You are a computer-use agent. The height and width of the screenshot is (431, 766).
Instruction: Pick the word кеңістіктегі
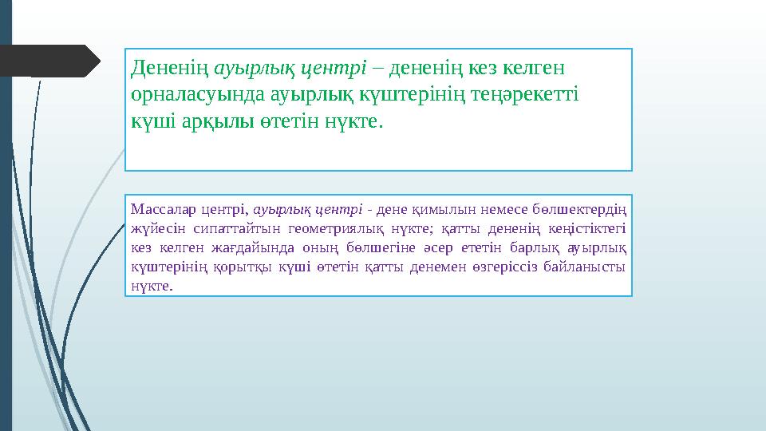[x=590, y=229]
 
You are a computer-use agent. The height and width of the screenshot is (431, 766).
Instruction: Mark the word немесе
[x=493, y=210]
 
